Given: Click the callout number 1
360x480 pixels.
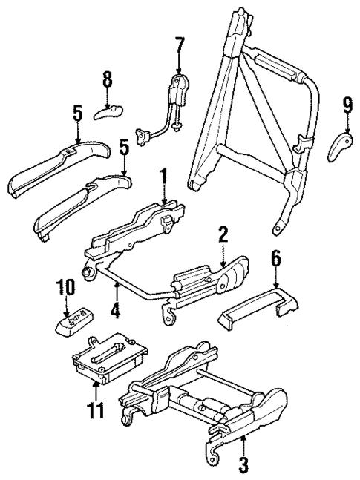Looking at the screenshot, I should click(163, 179).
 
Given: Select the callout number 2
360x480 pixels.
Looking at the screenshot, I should click(221, 234).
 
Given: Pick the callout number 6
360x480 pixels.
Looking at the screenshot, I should click(276, 258).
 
